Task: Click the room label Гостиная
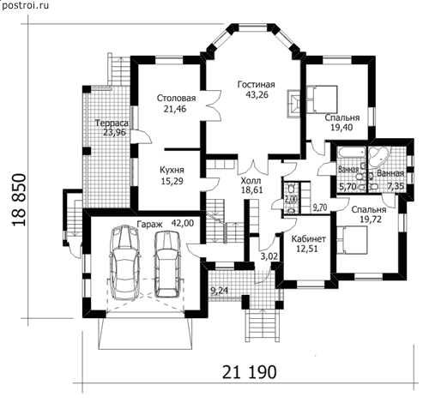(257, 85)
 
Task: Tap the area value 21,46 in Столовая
(175, 109)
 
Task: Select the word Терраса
(112, 123)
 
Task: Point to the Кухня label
(172, 170)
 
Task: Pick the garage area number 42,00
(182, 223)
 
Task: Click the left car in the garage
(124, 262)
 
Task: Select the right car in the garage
(168, 263)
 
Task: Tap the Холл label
(251, 181)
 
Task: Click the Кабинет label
(309, 238)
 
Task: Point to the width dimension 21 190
(250, 372)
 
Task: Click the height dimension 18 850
(20, 200)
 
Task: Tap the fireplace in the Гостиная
(293, 104)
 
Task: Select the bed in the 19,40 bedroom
(322, 99)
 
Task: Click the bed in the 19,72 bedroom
(352, 239)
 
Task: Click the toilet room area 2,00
(291, 199)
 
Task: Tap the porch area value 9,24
(220, 291)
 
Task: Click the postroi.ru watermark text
(25, 5)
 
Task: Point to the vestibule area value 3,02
(269, 256)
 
